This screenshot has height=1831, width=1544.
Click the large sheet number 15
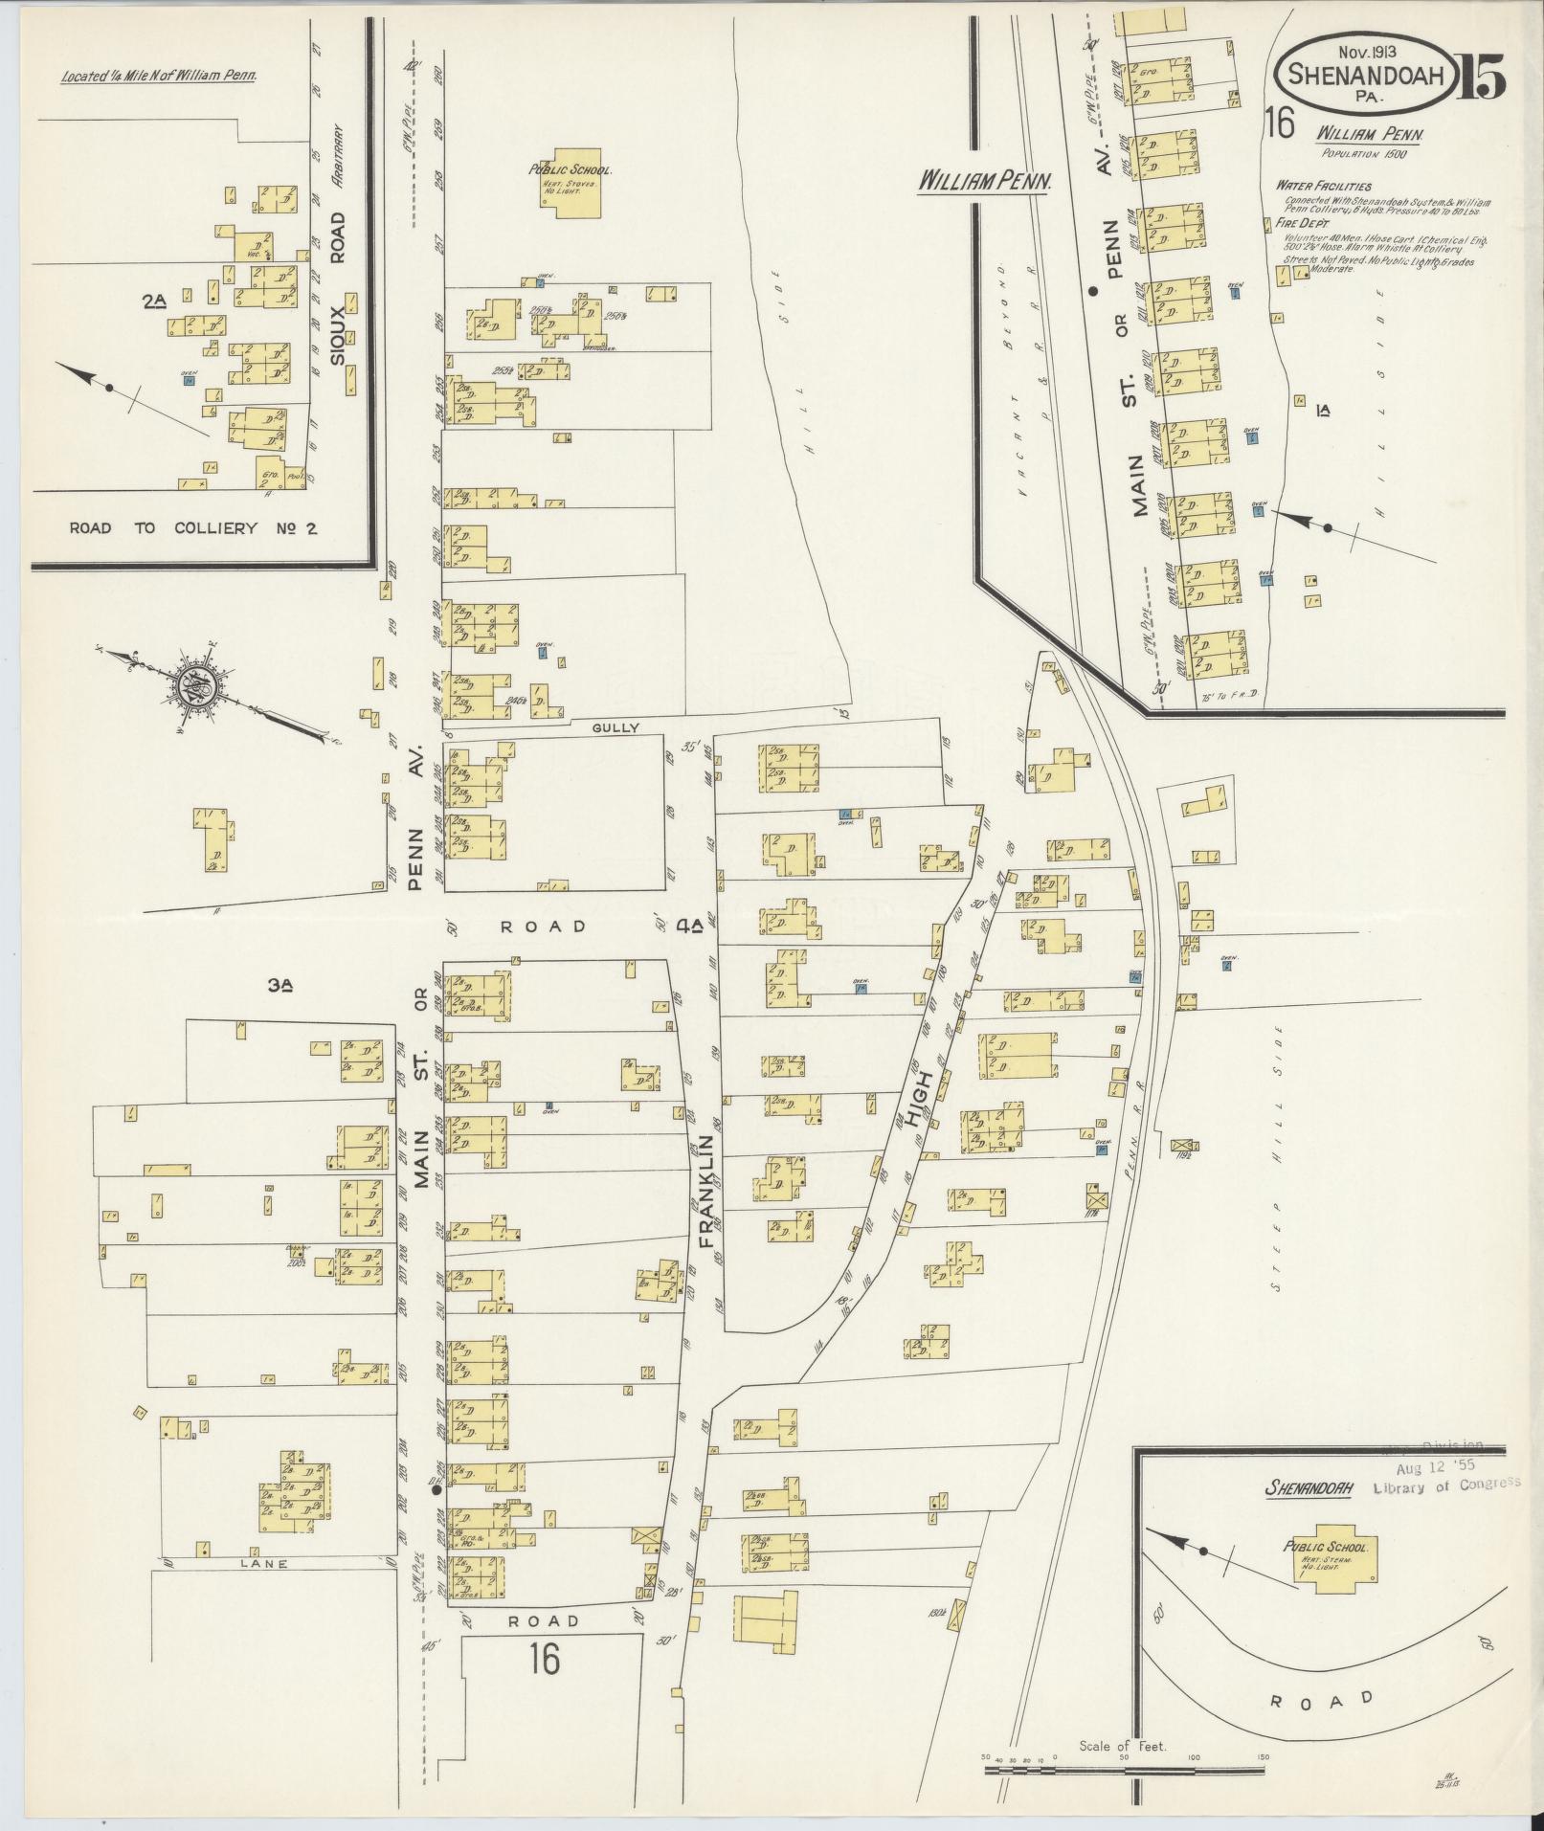pyautogui.click(x=1481, y=78)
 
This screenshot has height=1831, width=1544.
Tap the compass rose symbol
pyautogui.click(x=190, y=685)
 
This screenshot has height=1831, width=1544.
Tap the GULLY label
pyautogui.click(x=615, y=727)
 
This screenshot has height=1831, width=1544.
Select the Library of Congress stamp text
pyautogui.click(x=1445, y=1511)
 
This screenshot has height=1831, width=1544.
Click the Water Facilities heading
pyautogui.click(x=1322, y=186)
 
